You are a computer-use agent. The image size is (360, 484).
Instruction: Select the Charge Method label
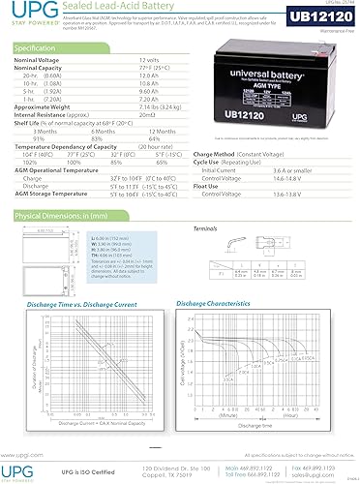(x=214, y=154)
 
